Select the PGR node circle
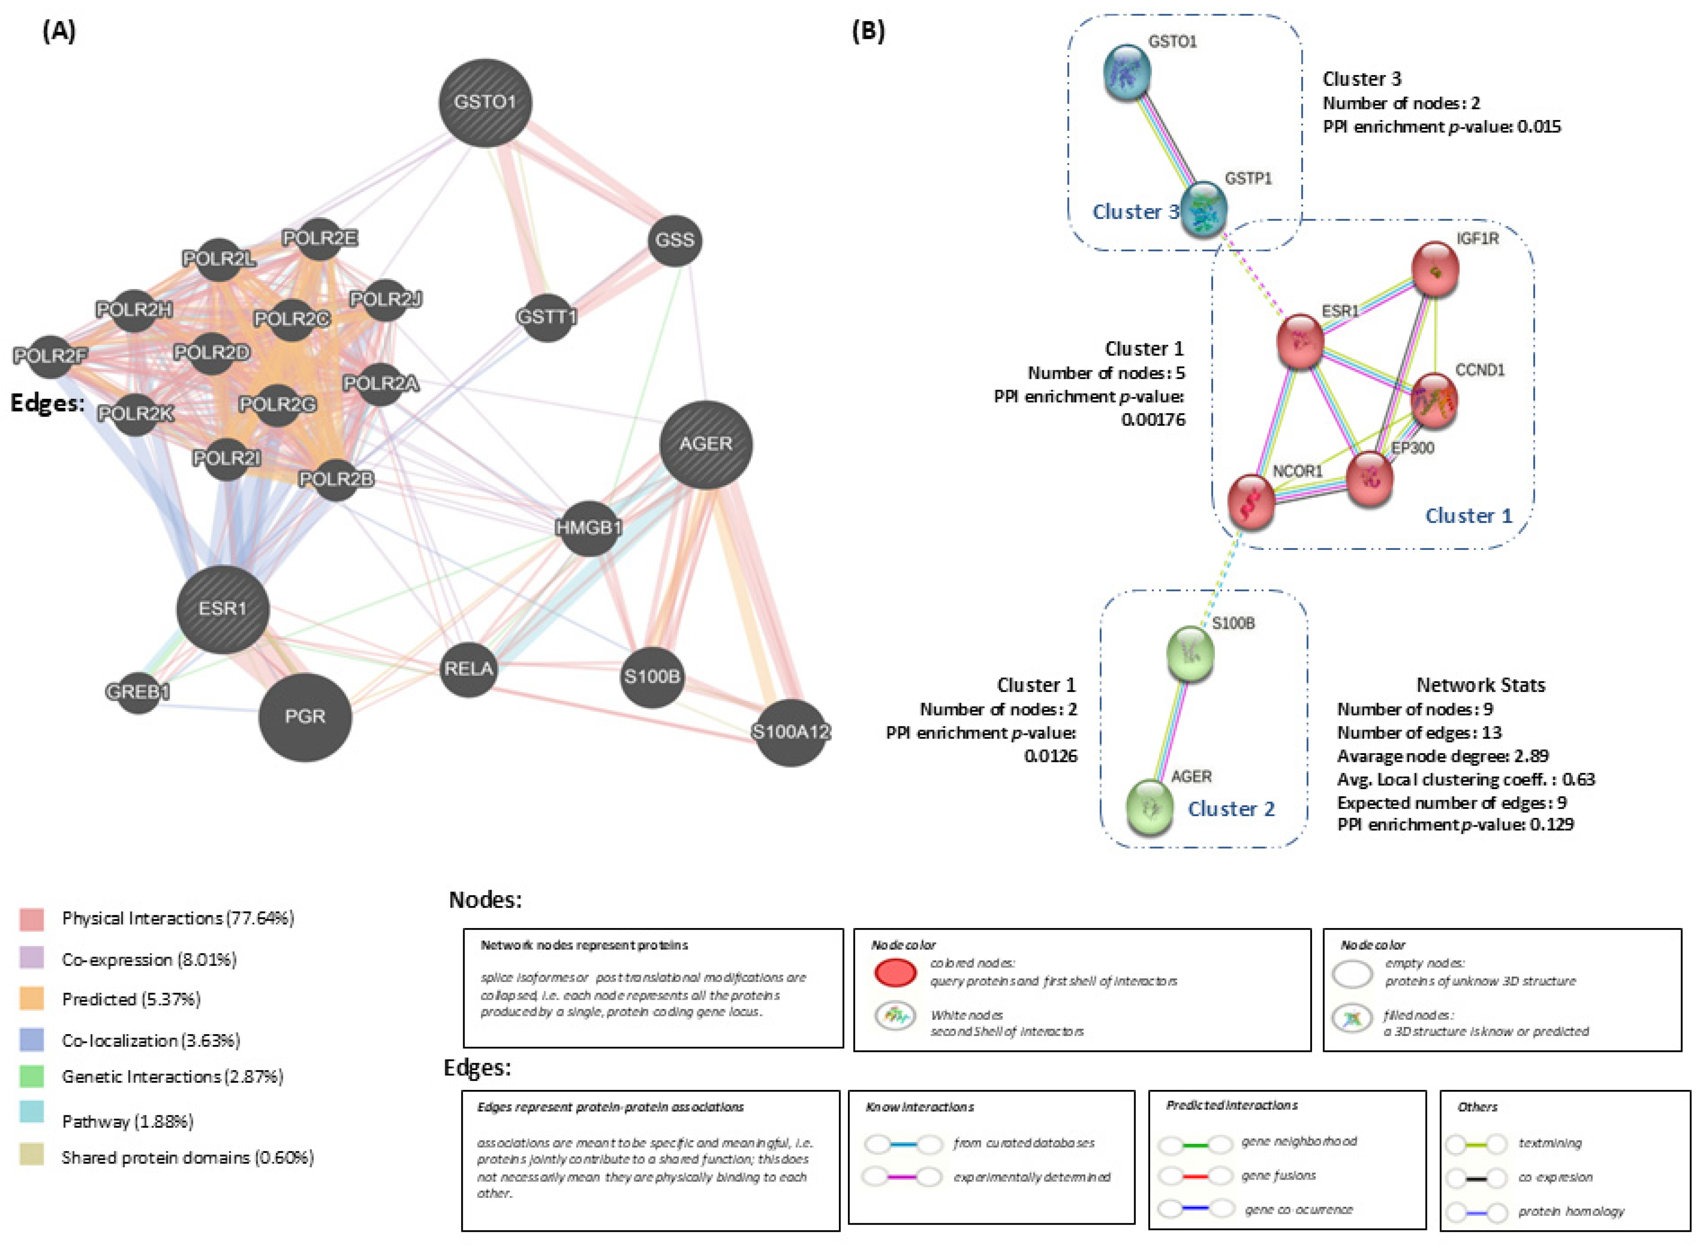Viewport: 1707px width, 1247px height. (x=305, y=717)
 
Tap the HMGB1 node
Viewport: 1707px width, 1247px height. (x=589, y=527)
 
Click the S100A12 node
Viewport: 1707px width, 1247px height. (x=790, y=732)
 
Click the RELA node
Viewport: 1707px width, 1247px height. (x=469, y=669)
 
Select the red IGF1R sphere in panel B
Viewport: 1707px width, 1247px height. (x=1435, y=269)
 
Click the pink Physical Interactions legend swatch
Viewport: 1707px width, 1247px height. (x=32, y=919)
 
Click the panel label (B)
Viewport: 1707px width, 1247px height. (x=868, y=31)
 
